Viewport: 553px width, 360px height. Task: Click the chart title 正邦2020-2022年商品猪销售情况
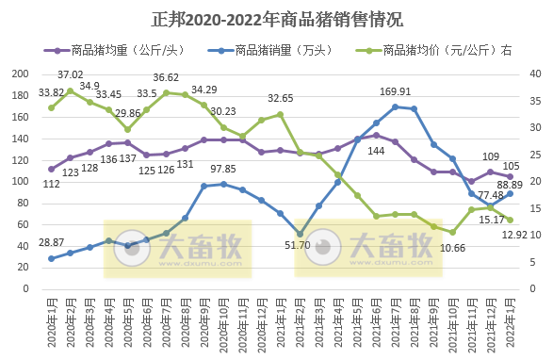point(276,18)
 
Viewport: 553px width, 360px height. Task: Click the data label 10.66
point(454,247)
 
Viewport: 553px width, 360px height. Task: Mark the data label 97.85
point(222,169)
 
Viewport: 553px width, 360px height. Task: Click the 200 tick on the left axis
point(19,74)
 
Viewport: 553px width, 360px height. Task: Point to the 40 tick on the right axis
point(534,74)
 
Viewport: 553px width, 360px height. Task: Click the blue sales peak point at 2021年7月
point(395,106)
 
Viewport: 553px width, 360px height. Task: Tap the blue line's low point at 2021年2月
point(300,233)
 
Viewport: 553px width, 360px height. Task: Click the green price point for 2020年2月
point(70,90)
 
